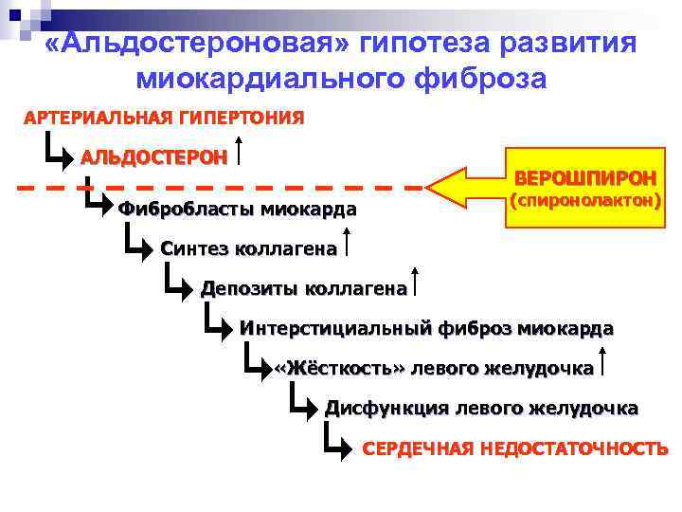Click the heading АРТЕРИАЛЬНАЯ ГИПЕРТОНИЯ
pos(164,118)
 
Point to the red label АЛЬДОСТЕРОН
pos(153,156)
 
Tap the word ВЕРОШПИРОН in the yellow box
pos(584,177)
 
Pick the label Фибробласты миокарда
pos(237,209)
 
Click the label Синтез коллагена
pos(248,249)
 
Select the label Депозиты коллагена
pos(303,289)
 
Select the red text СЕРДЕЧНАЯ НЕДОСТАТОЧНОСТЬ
pos(515,448)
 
